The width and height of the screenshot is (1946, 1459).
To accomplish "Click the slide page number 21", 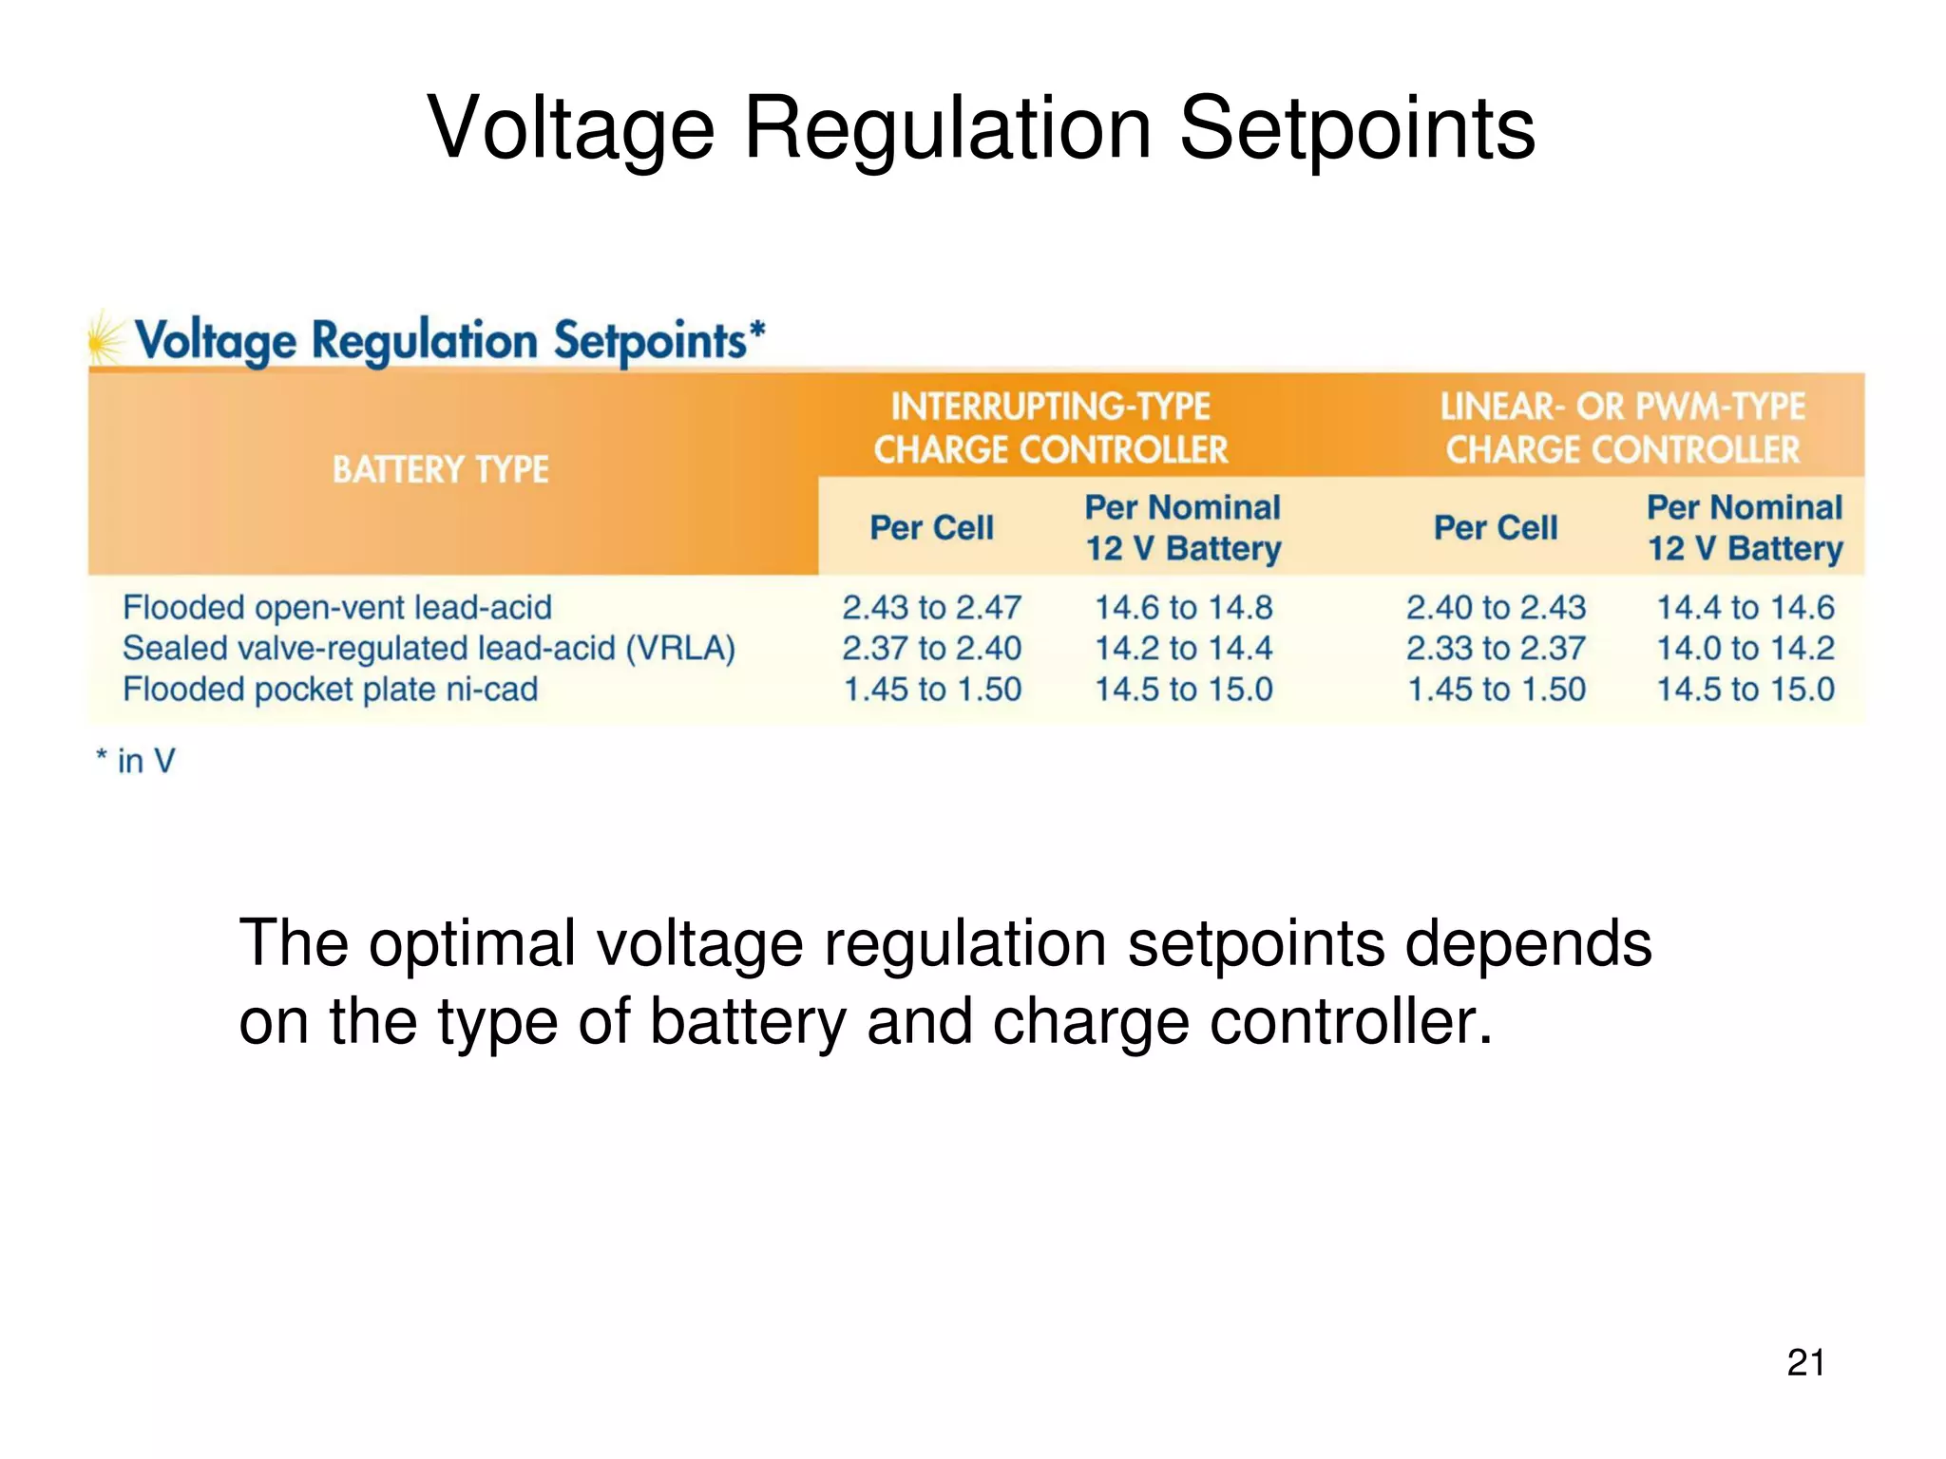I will point(1805,1362).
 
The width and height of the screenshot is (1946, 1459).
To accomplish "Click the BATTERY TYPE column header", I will point(440,469).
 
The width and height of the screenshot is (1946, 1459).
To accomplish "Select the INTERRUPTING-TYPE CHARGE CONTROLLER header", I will point(1050,427).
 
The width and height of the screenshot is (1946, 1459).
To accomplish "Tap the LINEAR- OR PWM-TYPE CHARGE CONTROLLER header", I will point(1622,427).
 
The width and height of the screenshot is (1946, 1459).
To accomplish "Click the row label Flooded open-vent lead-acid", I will point(337,607).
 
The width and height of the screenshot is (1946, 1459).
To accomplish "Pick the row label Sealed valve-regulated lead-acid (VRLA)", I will point(429,648).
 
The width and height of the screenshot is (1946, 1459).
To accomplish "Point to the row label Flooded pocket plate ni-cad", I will point(330,689).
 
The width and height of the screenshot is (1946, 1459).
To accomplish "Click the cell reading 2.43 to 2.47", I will point(931,607).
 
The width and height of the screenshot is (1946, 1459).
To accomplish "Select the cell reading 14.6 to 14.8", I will point(1183,607).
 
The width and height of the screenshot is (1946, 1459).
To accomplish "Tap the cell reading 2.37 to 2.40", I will point(931,648).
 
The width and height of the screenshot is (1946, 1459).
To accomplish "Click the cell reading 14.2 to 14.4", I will point(1183,648).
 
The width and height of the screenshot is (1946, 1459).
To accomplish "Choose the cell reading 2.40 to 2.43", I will point(1496,607).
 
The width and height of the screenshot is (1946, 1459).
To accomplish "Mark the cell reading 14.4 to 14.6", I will point(1746,607).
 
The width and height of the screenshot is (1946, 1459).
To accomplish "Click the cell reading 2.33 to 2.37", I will point(1496,648).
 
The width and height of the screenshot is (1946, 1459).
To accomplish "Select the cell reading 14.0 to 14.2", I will point(1746,648).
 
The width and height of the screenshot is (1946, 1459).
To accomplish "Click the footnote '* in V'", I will point(136,761).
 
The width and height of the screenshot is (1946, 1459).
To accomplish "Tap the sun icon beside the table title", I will point(105,337).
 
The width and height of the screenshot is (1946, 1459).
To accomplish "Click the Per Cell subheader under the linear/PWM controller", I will point(1496,527).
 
